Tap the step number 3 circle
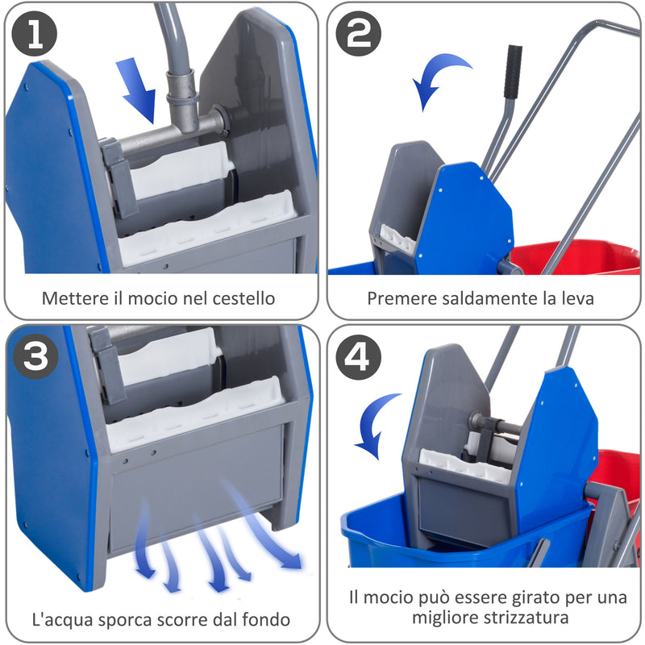(x=35, y=358)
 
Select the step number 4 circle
(x=358, y=358)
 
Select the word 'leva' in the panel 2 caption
(x=579, y=298)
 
